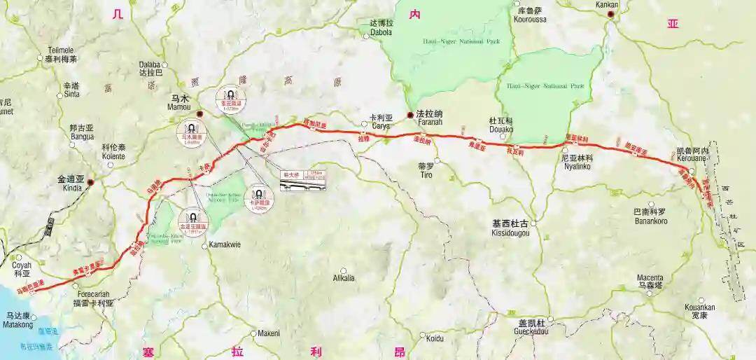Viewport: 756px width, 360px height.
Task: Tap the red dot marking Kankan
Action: tap(610, 14)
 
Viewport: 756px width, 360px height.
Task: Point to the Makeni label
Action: tap(269, 333)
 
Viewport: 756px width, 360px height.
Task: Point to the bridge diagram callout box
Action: tap(303, 180)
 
